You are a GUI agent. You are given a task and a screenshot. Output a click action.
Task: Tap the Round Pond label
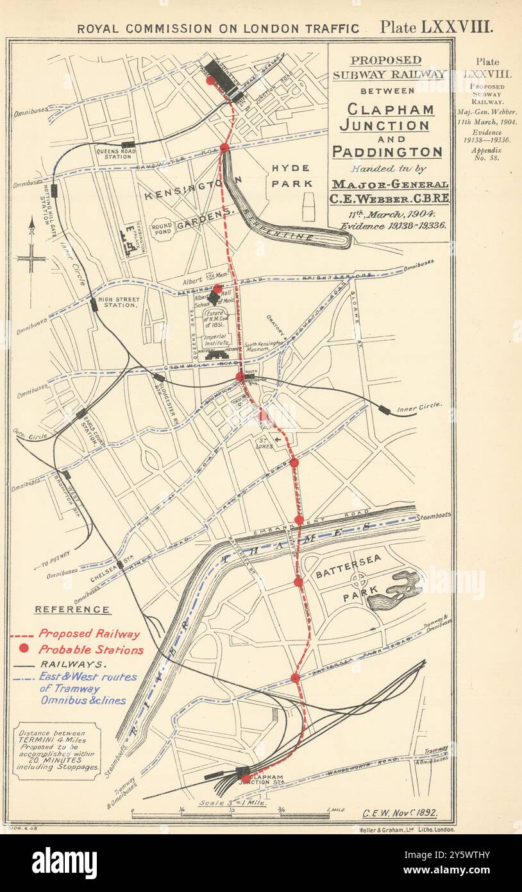162,228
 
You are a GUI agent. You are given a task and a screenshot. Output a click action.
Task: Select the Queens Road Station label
114,153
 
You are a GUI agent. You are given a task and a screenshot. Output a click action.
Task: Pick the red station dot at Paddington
210,81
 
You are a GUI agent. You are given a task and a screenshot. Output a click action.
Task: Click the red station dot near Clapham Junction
246,778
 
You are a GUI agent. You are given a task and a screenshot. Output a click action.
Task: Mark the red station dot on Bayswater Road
224,148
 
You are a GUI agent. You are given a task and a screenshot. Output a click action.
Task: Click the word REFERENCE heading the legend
72,610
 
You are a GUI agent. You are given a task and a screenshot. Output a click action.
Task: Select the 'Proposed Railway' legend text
88,634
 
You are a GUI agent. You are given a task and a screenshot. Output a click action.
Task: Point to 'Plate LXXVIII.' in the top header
435,27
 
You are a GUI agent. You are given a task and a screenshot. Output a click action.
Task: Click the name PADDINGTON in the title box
387,152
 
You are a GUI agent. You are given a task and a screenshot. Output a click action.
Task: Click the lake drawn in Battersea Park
396,590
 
